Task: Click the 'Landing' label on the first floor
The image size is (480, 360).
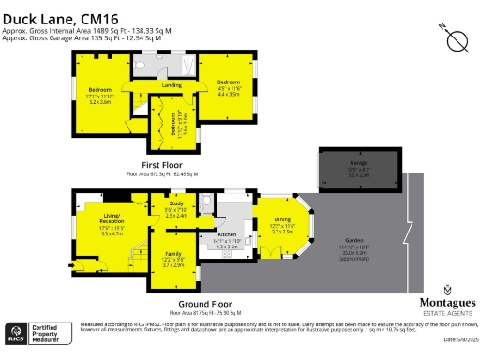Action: (172, 85)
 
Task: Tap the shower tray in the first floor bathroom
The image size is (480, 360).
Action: (186, 66)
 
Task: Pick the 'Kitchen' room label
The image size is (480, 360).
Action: (228, 234)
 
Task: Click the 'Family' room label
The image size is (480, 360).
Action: (172, 254)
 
